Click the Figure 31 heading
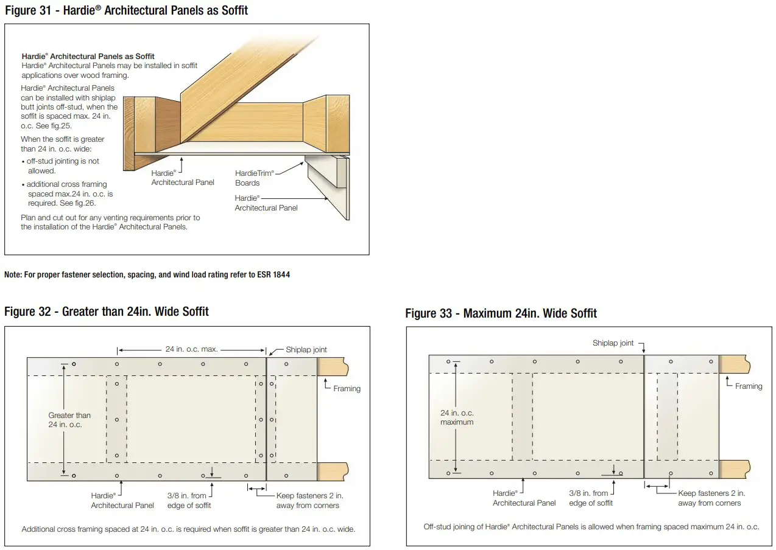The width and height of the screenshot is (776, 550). (x=126, y=10)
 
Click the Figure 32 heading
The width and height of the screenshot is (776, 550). (x=106, y=312)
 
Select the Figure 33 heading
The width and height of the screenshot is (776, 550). (x=501, y=313)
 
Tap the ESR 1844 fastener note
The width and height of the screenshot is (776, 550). (x=147, y=274)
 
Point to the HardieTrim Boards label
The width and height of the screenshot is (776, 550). (x=254, y=178)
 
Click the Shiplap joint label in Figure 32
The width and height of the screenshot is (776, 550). (x=306, y=350)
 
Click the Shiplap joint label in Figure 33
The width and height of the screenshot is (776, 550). (x=613, y=343)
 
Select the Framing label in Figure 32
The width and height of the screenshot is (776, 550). (x=347, y=388)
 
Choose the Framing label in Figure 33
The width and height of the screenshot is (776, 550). (x=748, y=386)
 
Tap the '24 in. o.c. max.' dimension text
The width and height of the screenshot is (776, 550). (x=191, y=350)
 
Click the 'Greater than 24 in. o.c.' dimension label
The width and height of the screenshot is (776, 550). (x=69, y=420)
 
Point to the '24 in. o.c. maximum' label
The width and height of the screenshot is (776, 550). (x=457, y=417)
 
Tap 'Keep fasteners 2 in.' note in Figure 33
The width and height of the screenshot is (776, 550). (x=711, y=498)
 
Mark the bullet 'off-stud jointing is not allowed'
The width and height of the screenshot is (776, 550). (x=62, y=166)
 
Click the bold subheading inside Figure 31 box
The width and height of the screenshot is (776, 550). (x=88, y=56)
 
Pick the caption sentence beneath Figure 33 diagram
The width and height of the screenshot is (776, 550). (x=591, y=527)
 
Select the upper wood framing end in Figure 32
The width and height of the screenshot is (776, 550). (x=333, y=367)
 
